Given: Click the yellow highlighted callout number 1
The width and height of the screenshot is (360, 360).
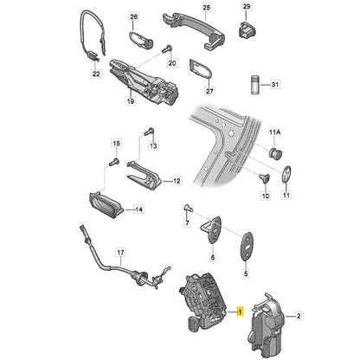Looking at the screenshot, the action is coord(240,312).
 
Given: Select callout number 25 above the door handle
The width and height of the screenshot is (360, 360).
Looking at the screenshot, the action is coord(207,7).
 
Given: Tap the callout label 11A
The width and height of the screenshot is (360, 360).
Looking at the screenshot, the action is coord(274,132).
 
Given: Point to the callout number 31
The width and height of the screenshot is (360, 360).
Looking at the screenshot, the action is coord(275,85).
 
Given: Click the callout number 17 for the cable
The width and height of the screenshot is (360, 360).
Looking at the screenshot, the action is coord(121,253).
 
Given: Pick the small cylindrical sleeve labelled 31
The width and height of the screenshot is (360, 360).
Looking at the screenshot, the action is coord(254,84).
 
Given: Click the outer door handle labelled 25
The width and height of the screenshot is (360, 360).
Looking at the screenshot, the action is coord(194,30).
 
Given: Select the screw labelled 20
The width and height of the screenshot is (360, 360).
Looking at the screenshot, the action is coord(166,49).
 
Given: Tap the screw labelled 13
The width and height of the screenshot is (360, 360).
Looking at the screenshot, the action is coord(149,132).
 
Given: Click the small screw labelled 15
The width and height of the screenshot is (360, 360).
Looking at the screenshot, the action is coord(114,162).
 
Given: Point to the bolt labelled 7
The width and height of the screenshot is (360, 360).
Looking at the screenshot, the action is coord(188,208).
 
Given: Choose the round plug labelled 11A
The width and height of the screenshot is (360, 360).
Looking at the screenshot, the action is coord(275,152).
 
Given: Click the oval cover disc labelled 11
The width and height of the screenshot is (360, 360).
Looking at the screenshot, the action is coord(286,174).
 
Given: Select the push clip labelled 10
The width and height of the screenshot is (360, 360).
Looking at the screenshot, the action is coord(264,178).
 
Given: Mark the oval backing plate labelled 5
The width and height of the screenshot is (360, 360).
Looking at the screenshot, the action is coord(247,246).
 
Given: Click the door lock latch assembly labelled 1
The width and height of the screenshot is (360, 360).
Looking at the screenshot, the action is coord(202,302).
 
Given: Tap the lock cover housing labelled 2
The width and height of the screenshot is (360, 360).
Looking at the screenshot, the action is coord(267,325).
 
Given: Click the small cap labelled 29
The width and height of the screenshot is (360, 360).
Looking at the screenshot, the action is coord(247,29).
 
